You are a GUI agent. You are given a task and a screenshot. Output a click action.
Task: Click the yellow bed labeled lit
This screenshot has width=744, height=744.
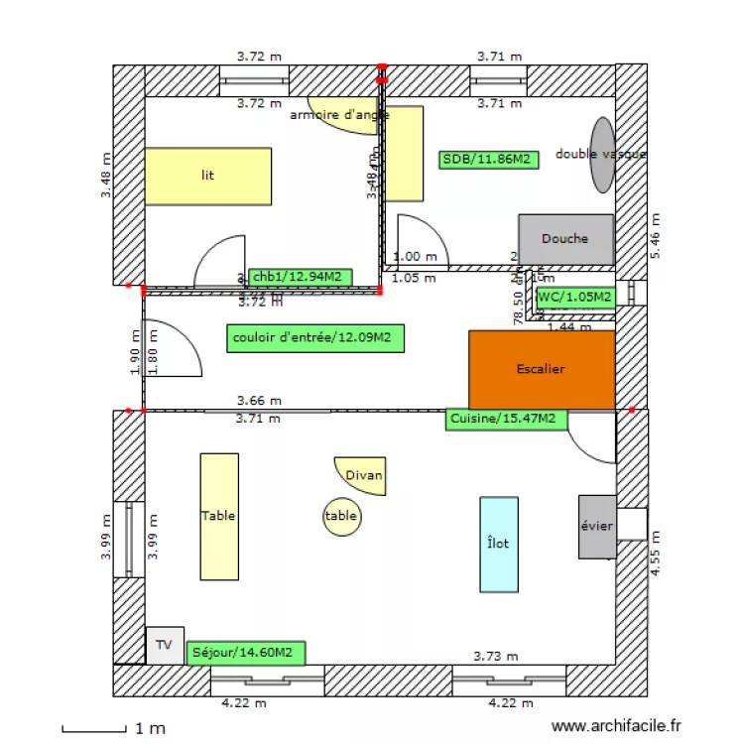click(x=208, y=176)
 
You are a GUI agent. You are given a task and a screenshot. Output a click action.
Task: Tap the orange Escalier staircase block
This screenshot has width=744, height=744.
click(x=542, y=369)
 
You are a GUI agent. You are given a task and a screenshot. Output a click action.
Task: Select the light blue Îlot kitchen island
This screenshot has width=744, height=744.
click(x=499, y=544)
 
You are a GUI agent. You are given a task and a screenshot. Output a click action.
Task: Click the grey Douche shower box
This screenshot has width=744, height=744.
click(x=565, y=239)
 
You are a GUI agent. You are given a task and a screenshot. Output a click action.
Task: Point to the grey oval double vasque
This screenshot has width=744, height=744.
click(x=602, y=155)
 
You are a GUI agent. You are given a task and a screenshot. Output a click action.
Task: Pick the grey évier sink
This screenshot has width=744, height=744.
click(x=597, y=526)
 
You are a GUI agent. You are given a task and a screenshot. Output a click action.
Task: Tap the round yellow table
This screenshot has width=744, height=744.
click(x=342, y=516)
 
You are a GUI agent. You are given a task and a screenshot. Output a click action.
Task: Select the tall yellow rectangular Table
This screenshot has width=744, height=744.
click(x=219, y=516)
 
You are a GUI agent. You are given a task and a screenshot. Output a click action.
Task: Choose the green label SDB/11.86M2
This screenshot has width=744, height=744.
click(x=489, y=159)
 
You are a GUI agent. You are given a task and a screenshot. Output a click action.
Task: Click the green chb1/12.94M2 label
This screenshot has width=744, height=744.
click(x=299, y=277)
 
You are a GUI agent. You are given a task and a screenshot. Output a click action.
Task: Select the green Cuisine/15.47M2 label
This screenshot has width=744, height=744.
click(x=506, y=419)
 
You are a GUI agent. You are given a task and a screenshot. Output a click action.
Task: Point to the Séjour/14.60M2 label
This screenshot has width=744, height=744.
click(x=245, y=653)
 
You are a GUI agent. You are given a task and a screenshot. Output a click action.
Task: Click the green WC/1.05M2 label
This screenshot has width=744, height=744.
click(x=574, y=296)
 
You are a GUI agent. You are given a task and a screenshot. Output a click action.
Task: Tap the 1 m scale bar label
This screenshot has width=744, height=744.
click(x=151, y=729)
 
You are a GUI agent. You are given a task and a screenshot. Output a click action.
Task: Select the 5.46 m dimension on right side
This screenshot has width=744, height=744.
click(x=655, y=238)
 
